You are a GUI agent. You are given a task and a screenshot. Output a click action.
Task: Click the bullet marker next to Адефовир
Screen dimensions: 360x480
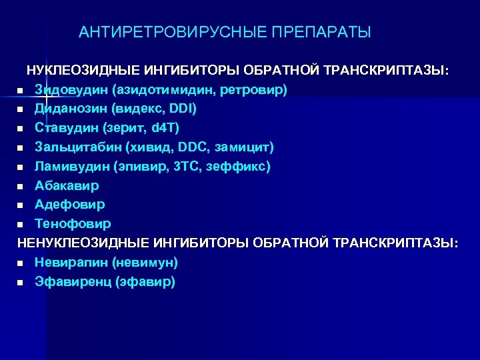[21, 205]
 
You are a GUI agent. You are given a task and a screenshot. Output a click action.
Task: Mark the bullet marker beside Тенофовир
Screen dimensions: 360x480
[21, 224]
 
